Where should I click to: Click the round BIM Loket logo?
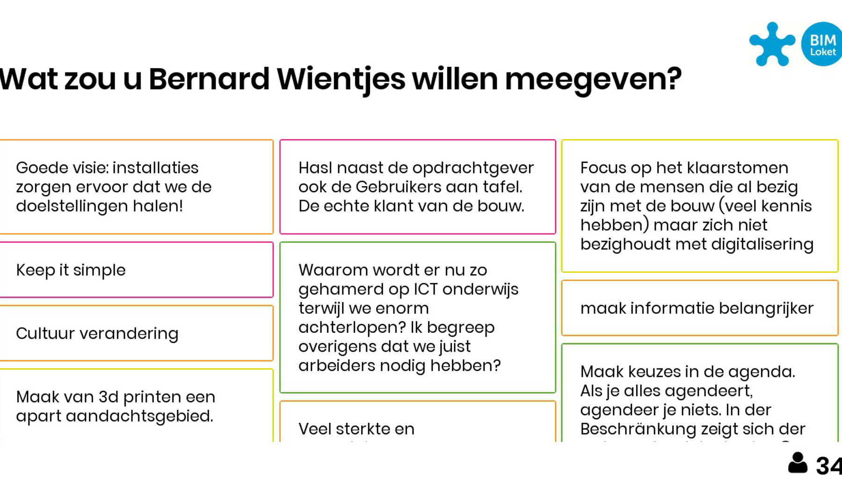[x=822, y=44]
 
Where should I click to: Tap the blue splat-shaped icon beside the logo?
[x=772, y=44]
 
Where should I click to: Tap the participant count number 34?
[x=829, y=466]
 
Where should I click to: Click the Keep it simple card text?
[x=71, y=270]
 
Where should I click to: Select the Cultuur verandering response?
[x=97, y=333]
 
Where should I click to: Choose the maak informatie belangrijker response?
[x=697, y=308]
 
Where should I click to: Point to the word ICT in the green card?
[x=425, y=289]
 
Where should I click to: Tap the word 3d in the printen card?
[x=109, y=397]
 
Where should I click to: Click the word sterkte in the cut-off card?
[x=363, y=429]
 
